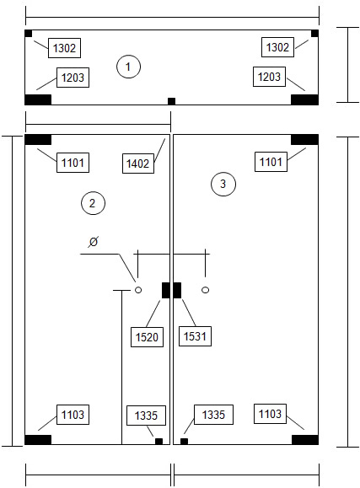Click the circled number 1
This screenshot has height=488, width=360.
click(x=128, y=67)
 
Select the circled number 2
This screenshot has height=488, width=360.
click(x=93, y=203)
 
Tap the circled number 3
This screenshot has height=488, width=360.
click(x=223, y=184)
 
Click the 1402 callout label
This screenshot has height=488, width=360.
click(x=138, y=164)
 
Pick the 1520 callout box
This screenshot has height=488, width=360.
click(x=147, y=337)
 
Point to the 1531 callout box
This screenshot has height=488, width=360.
click(x=195, y=336)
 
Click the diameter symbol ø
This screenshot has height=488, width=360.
click(x=94, y=242)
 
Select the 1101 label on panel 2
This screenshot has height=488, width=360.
click(x=73, y=163)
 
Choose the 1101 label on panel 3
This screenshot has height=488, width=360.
click(x=271, y=162)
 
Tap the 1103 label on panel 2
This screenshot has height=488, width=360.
click(x=73, y=415)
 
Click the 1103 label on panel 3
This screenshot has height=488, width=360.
click(x=270, y=414)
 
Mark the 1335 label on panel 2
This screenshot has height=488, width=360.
click(x=146, y=416)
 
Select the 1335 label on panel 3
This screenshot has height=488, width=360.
click(x=213, y=415)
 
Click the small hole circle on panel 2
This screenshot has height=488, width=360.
click(x=138, y=290)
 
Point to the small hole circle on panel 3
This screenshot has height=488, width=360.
click(x=205, y=290)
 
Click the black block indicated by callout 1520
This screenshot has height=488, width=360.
click(x=166, y=291)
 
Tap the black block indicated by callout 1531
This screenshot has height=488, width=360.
click(x=177, y=291)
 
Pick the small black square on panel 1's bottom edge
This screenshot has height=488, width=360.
click(x=172, y=101)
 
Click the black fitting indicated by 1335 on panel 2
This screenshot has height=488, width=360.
click(x=159, y=442)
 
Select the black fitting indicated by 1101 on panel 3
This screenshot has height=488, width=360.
click(x=304, y=140)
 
